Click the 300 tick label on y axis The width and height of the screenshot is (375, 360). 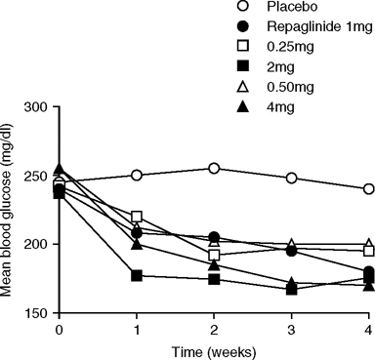point(38,104)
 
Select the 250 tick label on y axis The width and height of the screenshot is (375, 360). point(38,176)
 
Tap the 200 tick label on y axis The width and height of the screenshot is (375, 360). point(38,244)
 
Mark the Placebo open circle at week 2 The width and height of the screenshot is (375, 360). point(214,169)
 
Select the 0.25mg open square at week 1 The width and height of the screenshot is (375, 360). point(137,217)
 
